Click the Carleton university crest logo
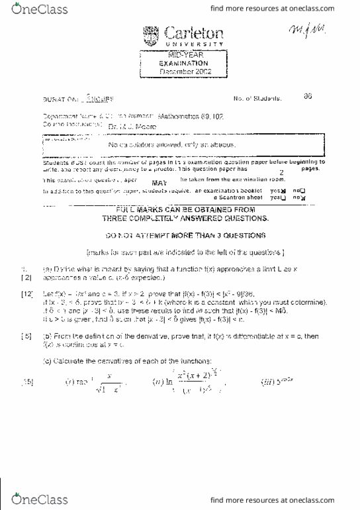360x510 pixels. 152,35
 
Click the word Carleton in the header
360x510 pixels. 193,32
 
